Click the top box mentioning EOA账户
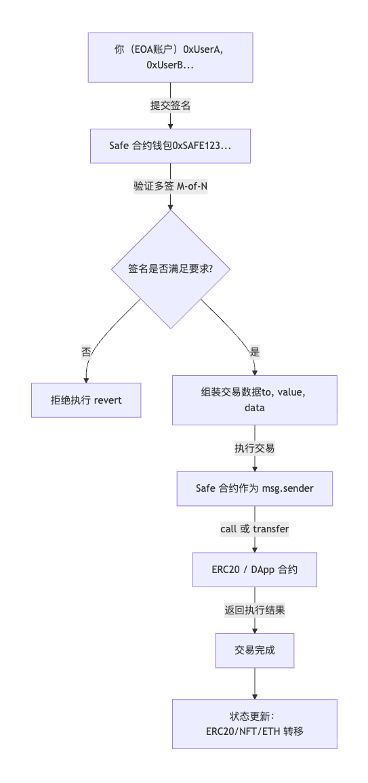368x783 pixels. (x=170, y=57)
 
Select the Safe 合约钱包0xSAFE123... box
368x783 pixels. (x=170, y=146)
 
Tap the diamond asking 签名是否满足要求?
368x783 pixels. (x=170, y=269)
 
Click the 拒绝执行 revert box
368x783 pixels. (x=86, y=400)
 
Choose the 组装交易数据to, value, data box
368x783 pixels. (x=254, y=400)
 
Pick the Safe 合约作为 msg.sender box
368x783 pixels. (x=254, y=488)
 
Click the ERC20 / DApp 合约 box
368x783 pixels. (x=254, y=570)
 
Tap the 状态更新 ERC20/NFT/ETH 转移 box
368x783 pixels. (x=254, y=723)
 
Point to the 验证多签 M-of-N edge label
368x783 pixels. (x=170, y=186)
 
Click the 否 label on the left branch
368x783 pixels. (x=86, y=352)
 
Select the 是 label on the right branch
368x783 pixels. (x=255, y=352)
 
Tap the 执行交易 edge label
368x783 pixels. (x=254, y=448)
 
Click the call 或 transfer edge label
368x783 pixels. (x=254, y=529)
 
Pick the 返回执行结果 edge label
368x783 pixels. (x=254, y=610)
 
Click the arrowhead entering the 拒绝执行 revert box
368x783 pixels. (x=86, y=379)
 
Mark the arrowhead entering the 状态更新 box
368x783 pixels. (x=254, y=696)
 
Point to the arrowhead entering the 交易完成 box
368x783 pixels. (x=254, y=630)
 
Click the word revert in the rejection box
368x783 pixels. (x=107, y=400)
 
